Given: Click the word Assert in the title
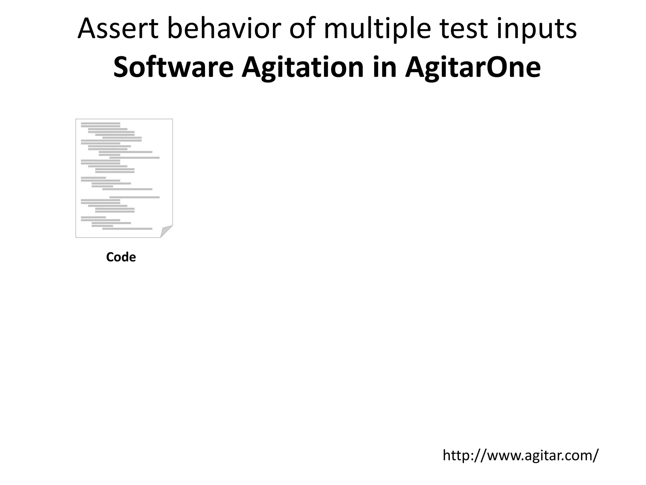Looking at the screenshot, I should coord(118,29).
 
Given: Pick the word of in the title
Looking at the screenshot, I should coord(302,29).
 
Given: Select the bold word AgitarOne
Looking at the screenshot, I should coord(473,68).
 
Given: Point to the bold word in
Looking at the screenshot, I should coord(385,68).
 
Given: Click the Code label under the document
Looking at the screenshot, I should coord(121,257).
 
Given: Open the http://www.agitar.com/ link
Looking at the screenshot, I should coord(520,455).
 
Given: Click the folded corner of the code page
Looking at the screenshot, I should coord(166,231).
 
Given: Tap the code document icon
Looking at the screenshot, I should coord(124,178).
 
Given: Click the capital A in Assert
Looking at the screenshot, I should coord(87,29).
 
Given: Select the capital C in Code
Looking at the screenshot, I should coord(110,257).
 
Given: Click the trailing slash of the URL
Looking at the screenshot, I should coord(594,455).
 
